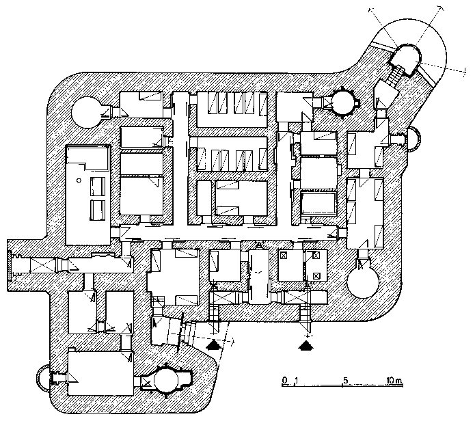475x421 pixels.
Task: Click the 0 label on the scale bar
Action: pos(284,380)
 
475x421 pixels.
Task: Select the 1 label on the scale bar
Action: pos(295,380)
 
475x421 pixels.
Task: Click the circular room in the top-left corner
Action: pos(87,111)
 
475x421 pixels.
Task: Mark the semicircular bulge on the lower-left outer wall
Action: pos(42,377)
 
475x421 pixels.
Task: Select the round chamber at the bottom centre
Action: pos(168,380)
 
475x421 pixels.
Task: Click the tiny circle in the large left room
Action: pos(80,180)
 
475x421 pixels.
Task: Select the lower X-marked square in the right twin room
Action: pos(316,275)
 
